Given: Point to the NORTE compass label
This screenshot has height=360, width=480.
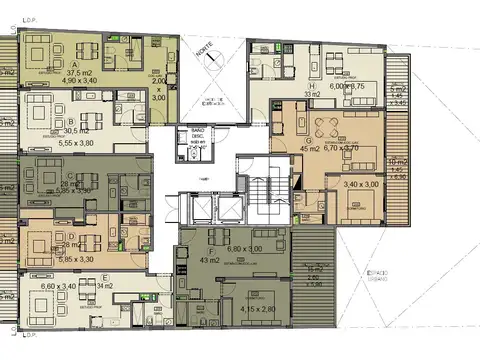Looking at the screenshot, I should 206,51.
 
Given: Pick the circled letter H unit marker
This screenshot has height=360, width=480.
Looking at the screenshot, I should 313,87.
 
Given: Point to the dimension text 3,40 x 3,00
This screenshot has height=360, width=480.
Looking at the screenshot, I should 361,184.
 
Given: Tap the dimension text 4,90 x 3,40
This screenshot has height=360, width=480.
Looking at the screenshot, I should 80,83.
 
